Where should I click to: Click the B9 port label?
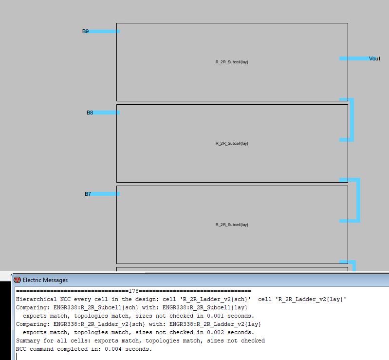(85, 31)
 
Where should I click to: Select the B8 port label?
(90, 113)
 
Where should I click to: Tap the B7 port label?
(88, 194)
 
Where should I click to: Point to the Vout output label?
(374, 58)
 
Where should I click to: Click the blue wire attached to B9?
(104, 32)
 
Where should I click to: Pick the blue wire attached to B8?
(107, 113)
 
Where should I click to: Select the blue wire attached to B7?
(106, 194)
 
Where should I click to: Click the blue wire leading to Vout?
(354, 58)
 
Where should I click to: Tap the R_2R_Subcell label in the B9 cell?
(232, 62)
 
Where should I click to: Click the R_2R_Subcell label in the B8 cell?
(232, 143)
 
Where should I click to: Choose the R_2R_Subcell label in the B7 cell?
(232, 225)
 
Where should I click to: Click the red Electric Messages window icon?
(17, 280)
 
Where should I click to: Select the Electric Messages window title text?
(45, 280)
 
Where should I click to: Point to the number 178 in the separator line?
(133, 291)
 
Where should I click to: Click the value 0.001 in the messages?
(215, 316)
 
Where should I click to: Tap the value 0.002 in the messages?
(215, 332)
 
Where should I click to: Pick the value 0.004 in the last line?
(113, 349)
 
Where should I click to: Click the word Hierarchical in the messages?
(36, 300)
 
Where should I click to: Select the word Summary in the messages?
(28, 341)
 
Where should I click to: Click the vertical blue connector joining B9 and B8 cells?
(352, 120)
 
